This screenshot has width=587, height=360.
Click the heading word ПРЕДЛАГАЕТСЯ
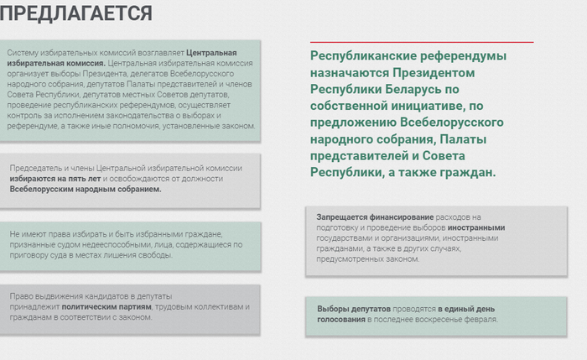coord(76,13)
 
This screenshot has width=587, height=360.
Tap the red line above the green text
coord(422,42)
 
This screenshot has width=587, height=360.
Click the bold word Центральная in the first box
coord(211,53)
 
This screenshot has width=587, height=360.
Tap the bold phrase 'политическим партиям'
coord(106,307)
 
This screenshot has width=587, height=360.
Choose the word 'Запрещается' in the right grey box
coord(342,217)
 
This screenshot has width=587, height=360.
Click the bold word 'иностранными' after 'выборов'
coord(476,227)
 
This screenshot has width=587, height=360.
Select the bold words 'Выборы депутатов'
coord(354,309)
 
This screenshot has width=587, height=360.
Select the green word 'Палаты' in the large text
coord(463,139)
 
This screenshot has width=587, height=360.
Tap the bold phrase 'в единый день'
coord(466,309)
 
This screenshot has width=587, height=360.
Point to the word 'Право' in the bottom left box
coord(18,296)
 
